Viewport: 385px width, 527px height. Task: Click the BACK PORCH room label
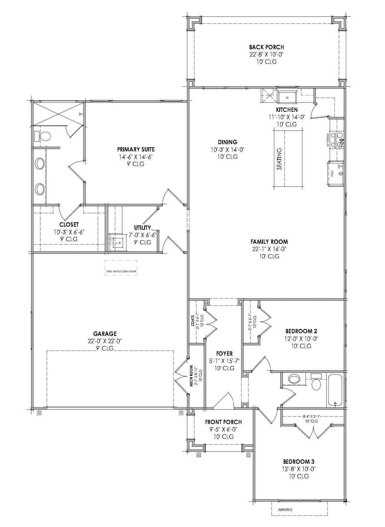click(266, 47)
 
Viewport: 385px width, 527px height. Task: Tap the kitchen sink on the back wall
click(287, 97)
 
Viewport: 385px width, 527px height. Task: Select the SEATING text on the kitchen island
click(279, 159)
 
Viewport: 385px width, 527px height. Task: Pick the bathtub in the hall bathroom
click(335, 390)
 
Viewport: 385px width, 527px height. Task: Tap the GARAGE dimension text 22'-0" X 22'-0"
click(105, 341)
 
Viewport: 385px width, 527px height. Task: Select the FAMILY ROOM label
click(269, 242)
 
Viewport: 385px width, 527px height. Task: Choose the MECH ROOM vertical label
click(191, 376)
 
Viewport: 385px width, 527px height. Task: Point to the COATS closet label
click(193, 320)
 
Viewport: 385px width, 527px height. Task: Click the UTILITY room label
click(142, 228)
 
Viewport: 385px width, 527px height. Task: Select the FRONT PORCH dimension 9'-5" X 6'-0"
click(223, 429)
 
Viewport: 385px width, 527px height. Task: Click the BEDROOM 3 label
click(299, 462)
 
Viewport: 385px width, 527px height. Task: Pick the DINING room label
click(227, 142)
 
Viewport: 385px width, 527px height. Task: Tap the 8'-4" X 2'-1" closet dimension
click(311, 417)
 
